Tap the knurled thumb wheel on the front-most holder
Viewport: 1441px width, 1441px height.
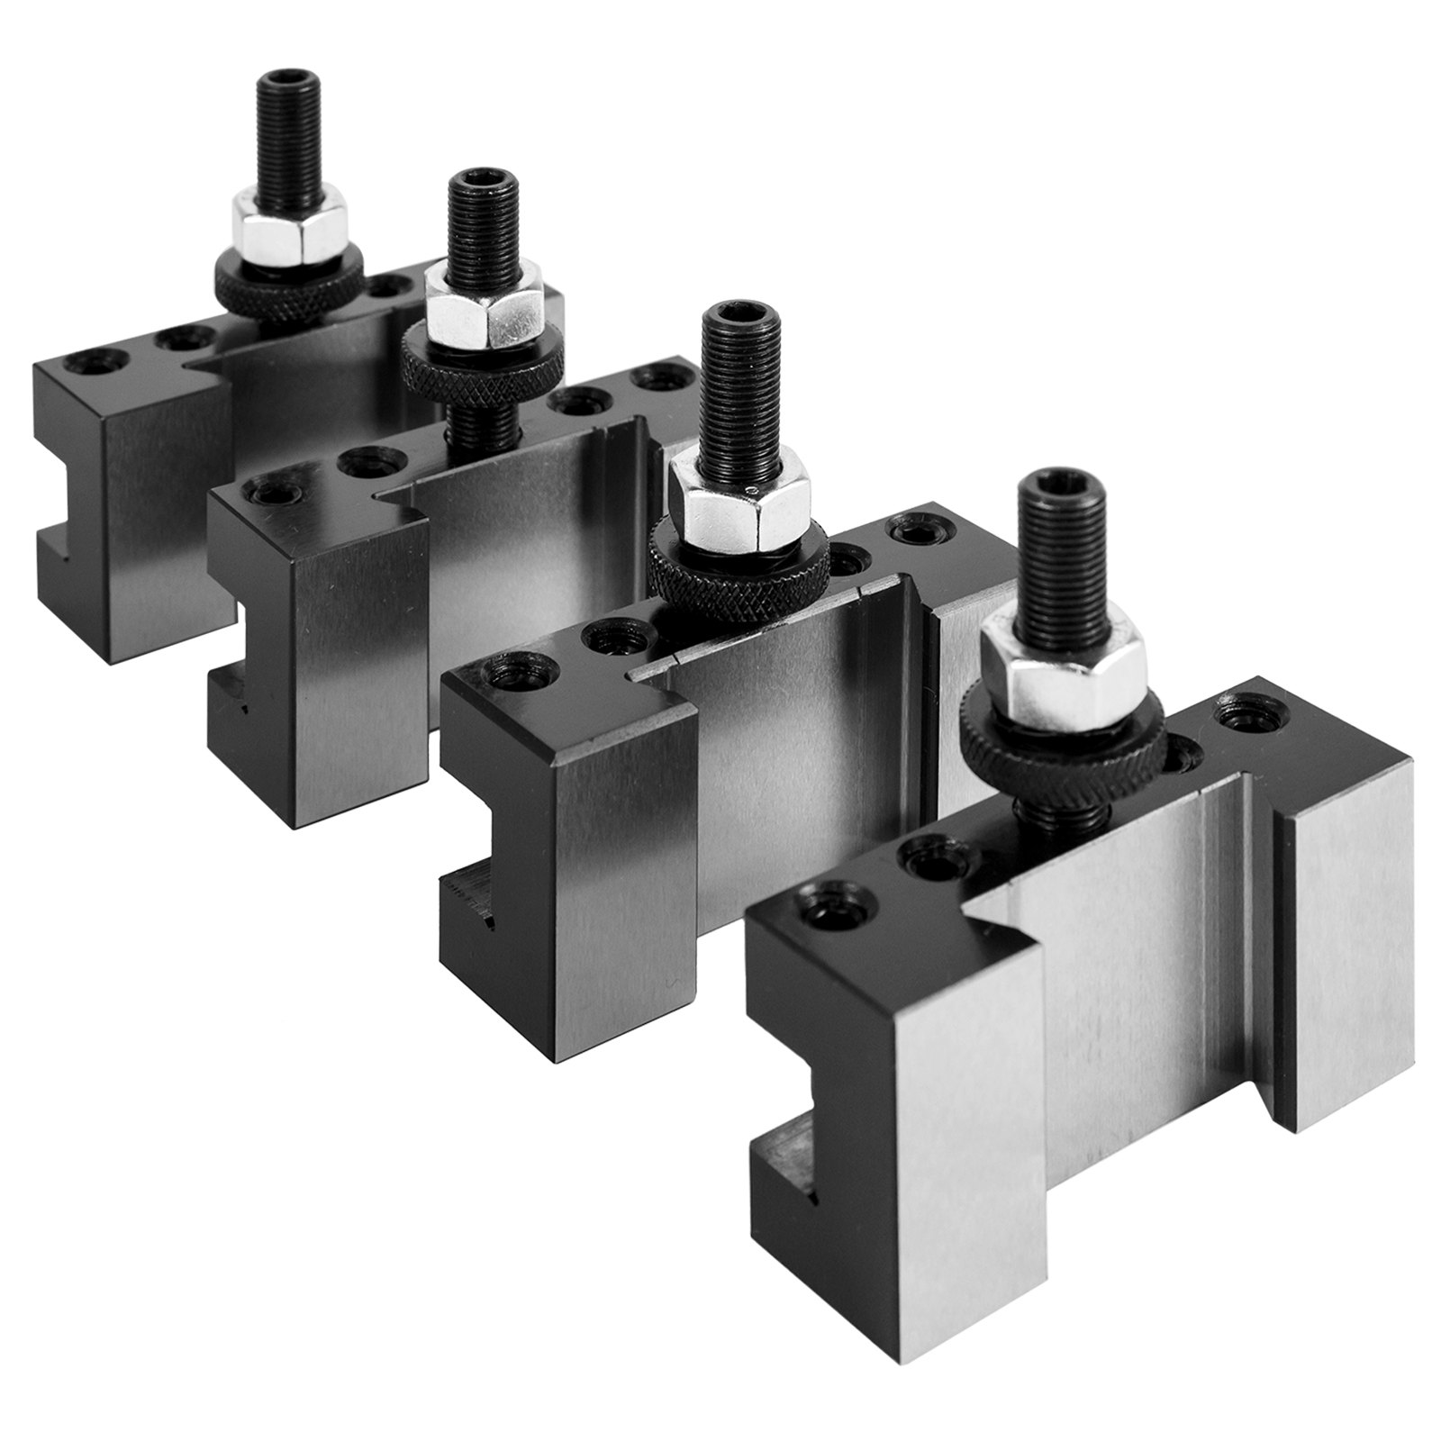pyautogui.click(x=1017, y=726)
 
